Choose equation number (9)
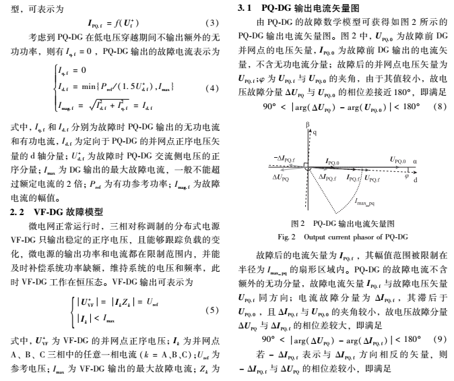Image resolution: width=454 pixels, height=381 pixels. click(441, 338)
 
